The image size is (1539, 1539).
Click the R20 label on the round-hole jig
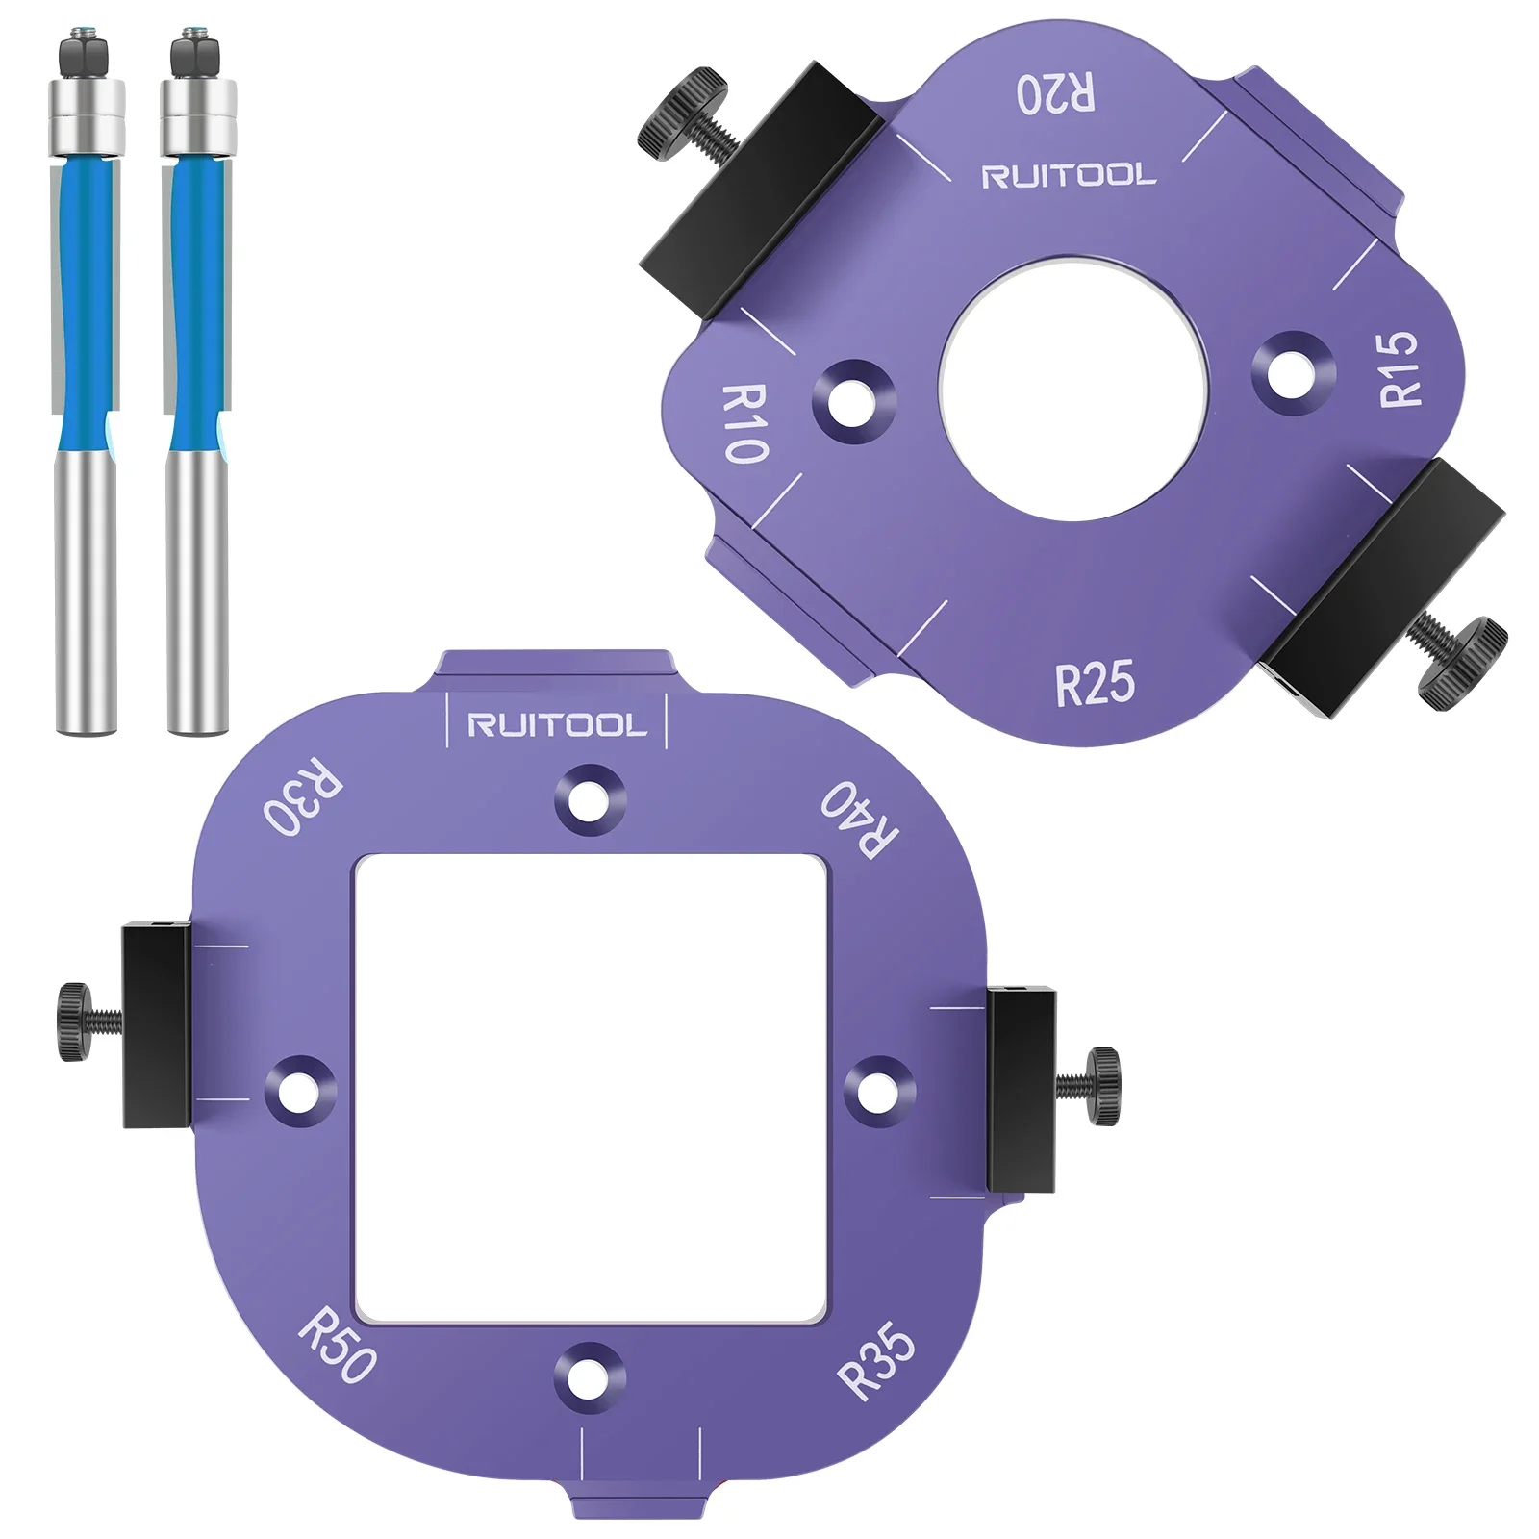[x=1055, y=94]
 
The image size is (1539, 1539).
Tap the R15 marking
[x=1400, y=368]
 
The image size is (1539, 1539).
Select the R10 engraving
[x=744, y=423]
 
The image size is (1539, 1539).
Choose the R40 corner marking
[x=859, y=819]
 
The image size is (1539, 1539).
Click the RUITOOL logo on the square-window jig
[x=557, y=726]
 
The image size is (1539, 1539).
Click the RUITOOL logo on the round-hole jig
[x=1068, y=176]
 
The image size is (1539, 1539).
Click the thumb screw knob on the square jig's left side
[x=74, y=1022]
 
